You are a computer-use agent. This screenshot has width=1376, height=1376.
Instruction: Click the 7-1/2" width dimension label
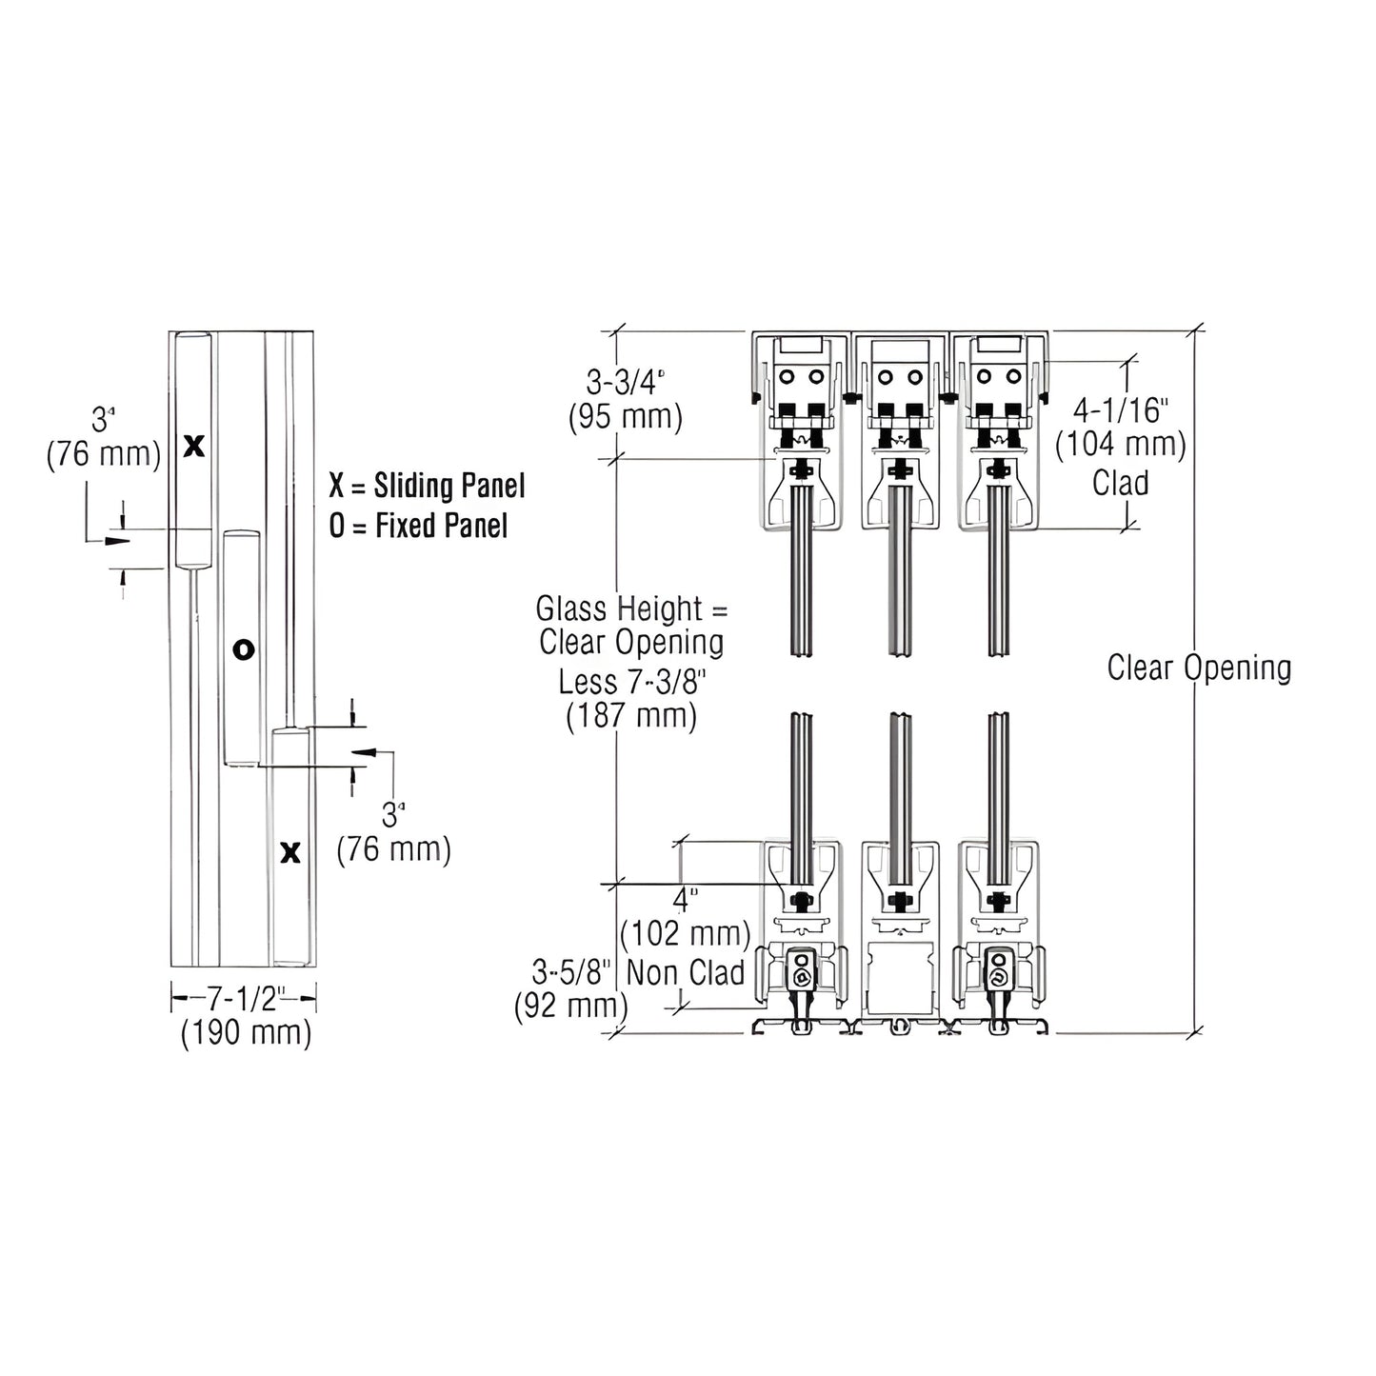coord(243,998)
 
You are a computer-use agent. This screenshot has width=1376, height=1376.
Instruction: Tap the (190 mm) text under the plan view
coord(246,1032)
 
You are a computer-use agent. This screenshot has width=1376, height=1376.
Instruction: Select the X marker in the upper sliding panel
coord(193,445)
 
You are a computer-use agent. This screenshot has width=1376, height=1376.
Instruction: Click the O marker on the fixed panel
coord(244,649)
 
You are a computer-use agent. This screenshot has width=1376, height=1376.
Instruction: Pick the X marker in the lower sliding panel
coord(290,852)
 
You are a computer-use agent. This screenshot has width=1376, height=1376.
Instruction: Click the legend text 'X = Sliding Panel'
coord(427,486)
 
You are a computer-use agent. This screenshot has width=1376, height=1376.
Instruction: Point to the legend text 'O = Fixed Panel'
coord(418,526)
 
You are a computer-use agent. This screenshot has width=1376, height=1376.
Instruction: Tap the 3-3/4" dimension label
coord(625,384)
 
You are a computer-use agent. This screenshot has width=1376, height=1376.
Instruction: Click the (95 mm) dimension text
coord(625,418)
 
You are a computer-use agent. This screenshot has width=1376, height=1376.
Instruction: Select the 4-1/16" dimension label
coord(1120,410)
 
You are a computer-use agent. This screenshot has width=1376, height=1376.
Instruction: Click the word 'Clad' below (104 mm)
coord(1120,483)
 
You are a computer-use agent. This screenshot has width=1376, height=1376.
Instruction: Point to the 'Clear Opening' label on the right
coord(1198,668)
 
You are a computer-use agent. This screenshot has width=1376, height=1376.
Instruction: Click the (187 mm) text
coord(631,715)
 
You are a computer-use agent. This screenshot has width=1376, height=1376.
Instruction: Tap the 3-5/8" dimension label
coord(570,972)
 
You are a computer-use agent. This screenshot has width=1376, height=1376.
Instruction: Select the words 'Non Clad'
coord(686,972)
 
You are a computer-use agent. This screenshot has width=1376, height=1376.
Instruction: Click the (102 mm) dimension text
coord(685,933)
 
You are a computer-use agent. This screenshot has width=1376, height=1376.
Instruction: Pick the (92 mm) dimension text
coord(570,1006)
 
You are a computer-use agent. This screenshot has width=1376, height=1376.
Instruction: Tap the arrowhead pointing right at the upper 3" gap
coord(116,541)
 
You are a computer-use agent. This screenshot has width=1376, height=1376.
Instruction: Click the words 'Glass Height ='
coord(631,608)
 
